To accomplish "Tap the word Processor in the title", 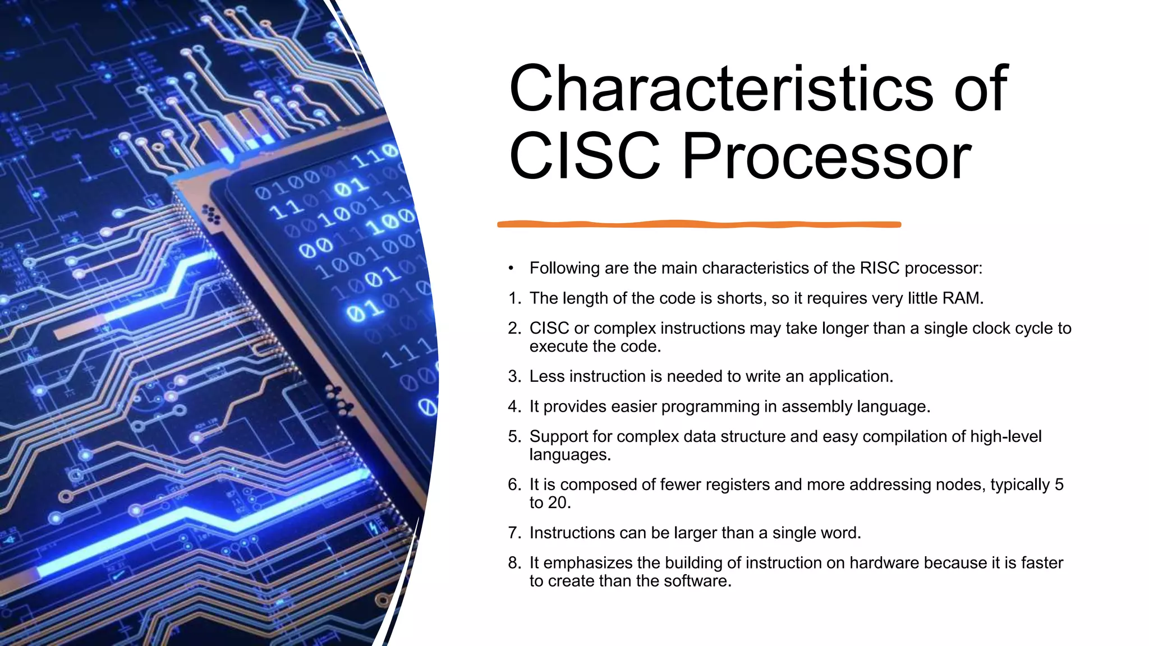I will pos(826,156).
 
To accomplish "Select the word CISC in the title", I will pos(585,156).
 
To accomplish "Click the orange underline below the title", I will pos(699,224).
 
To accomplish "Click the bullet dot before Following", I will pos(511,268).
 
